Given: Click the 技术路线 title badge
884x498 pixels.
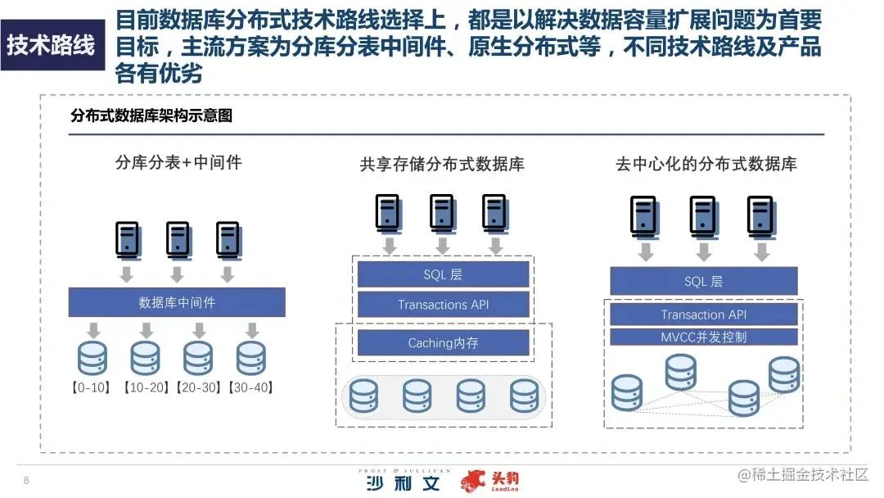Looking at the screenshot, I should (51, 44).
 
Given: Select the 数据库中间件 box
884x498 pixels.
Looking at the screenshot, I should (177, 302).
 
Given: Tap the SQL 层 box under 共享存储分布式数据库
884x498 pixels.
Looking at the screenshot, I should (443, 274).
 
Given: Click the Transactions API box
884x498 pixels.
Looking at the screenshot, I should (443, 305).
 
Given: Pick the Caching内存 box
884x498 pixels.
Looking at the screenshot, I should (443, 343).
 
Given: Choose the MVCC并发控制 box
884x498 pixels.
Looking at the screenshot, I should (703, 337).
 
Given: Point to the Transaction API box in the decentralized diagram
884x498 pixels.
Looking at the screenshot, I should (703, 315).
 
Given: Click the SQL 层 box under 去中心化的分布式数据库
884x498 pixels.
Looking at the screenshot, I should (703, 282).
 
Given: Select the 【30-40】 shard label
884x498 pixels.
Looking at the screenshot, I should (250, 387).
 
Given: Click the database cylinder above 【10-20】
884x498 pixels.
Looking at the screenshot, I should (145, 358).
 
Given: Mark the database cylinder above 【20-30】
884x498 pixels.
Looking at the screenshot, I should (198, 358).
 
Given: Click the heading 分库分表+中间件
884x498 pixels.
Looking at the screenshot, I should (178, 162).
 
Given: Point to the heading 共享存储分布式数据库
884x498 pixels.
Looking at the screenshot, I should (442, 165).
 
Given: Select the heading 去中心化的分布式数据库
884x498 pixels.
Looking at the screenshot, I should (706, 165).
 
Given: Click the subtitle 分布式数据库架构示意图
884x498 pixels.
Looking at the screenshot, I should (151, 116).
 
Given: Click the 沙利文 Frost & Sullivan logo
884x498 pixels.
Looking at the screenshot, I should (404, 481).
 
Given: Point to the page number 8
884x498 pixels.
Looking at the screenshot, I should (26, 480).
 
